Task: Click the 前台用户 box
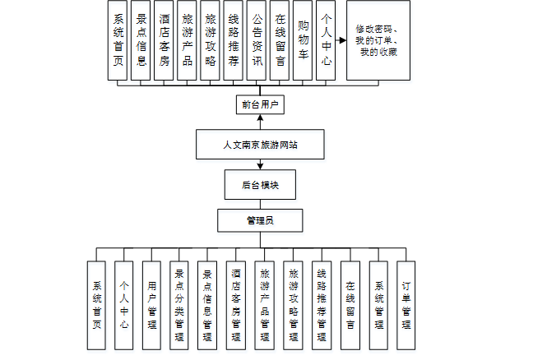click(260, 104)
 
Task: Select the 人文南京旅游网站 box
click(260, 145)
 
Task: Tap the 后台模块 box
click(259, 184)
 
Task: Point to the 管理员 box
click(260, 220)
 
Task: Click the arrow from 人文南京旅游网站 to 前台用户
click(260, 122)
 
